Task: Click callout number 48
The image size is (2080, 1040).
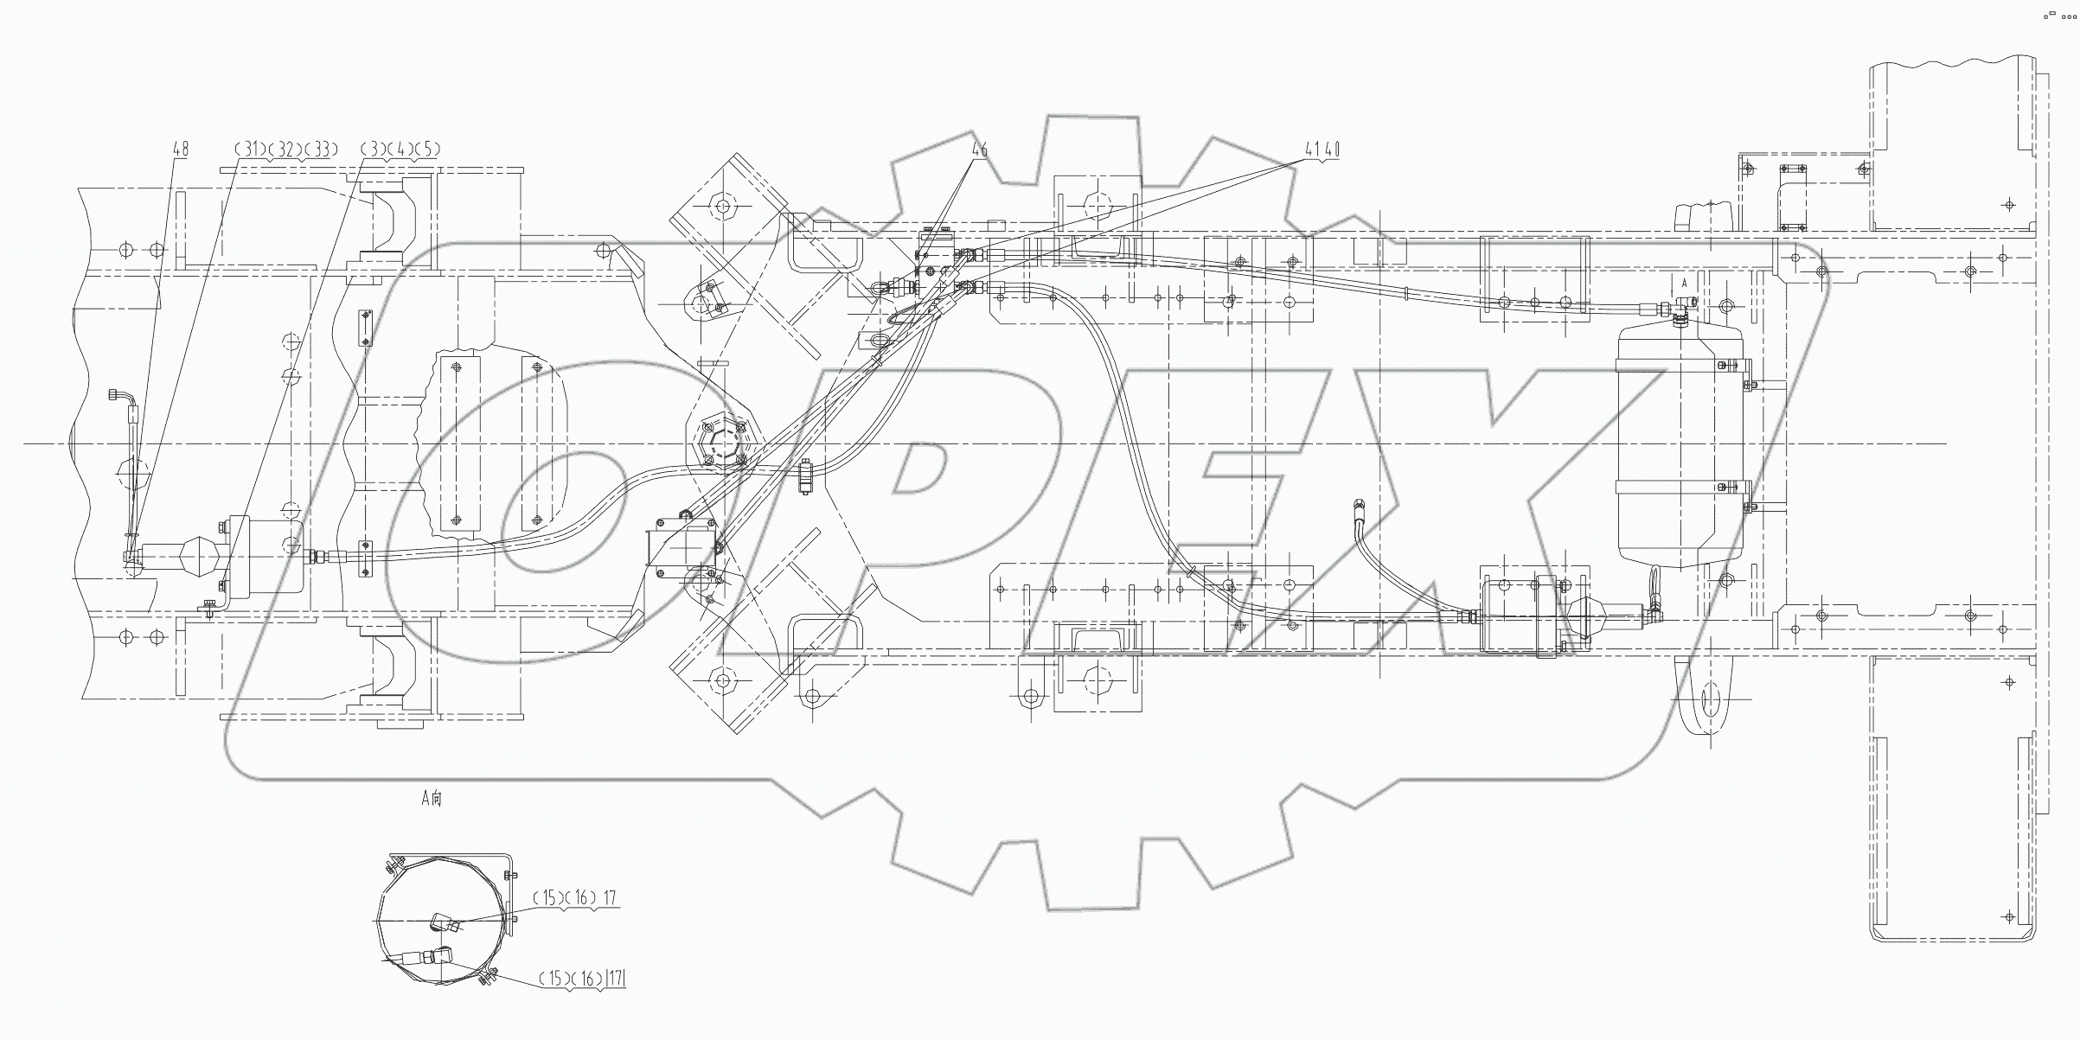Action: [x=180, y=150]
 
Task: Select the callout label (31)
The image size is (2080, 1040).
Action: [x=251, y=150]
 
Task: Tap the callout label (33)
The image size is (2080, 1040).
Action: [x=320, y=150]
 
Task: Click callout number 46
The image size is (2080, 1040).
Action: [x=979, y=150]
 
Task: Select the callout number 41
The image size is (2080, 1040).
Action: [x=1313, y=150]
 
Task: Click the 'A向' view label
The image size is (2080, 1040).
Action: [x=432, y=798]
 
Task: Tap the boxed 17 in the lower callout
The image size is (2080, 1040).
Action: [x=615, y=979]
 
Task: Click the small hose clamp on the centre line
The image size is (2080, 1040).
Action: [x=805, y=476]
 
